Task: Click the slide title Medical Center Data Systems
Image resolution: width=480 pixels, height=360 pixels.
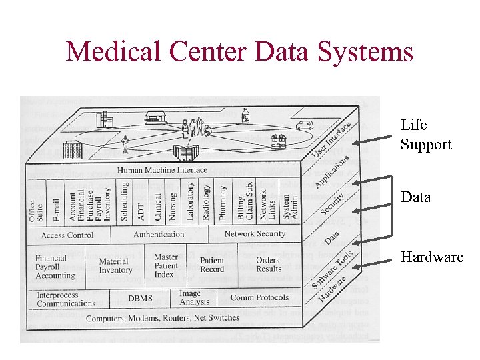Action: click(x=239, y=52)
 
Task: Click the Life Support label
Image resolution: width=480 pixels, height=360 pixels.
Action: click(x=426, y=135)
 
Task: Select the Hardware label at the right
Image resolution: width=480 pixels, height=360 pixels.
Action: click(x=431, y=257)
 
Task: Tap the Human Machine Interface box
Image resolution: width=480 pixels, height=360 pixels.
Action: click(x=162, y=170)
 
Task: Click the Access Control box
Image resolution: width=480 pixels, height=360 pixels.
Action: click(x=67, y=235)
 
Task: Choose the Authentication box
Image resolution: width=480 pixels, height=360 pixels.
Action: click(x=159, y=235)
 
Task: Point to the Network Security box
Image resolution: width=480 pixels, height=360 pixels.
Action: click(x=255, y=234)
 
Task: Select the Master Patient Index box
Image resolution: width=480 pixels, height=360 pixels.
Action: click(x=165, y=265)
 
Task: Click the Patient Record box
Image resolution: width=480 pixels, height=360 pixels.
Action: click(x=212, y=265)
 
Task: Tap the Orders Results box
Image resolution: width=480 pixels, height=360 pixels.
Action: click(x=268, y=265)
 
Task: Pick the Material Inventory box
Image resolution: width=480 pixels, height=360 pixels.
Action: click(x=115, y=266)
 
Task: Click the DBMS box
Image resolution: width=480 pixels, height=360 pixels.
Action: click(x=141, y=299)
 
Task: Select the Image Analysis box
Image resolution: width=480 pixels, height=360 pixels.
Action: click(x=194, y=298)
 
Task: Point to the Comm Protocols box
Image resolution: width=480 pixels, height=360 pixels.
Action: click(x=259, y=298)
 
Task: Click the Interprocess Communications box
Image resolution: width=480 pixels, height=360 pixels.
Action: click(x=66, y=299)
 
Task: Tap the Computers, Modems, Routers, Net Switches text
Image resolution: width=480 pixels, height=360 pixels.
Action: click(x=162, y=318)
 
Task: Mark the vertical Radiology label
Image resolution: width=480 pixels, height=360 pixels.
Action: click(x=206, y=203)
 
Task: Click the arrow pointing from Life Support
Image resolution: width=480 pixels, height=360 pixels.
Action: click(x=376, y=140)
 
